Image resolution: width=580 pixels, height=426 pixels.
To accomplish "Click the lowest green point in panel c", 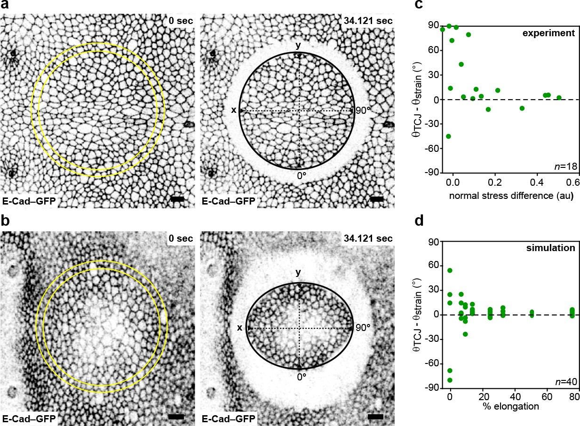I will tap(448, 136).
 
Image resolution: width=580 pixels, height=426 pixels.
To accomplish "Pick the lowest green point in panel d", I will tap(450, 380).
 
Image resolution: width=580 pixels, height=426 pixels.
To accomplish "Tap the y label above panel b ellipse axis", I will tap(299, 272).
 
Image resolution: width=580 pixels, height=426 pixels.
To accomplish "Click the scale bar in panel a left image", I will tap(177, 199).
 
